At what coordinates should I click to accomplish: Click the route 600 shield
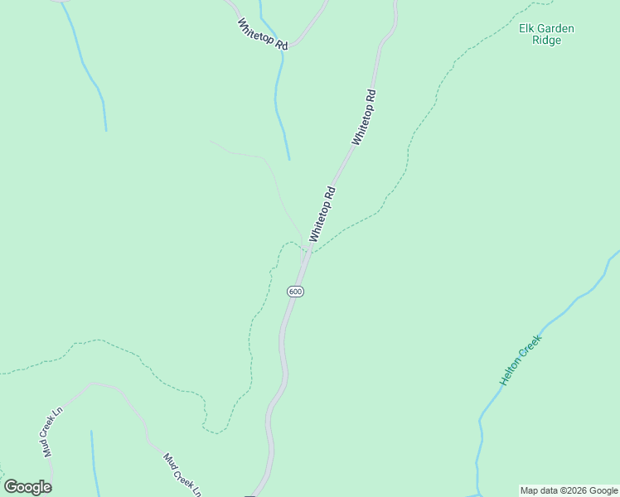[296, 292]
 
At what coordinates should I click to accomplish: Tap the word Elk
[527, 28]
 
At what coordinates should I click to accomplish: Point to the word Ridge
[546, 40]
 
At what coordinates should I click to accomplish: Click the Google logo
[27, 487]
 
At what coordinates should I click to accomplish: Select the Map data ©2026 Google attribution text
[569, 490]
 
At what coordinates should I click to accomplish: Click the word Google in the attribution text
[603, 490]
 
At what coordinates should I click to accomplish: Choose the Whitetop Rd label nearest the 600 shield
[323, 215]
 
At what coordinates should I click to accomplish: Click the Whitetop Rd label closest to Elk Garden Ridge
[365, 117]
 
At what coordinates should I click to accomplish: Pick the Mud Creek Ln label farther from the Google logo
[182, 475]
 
